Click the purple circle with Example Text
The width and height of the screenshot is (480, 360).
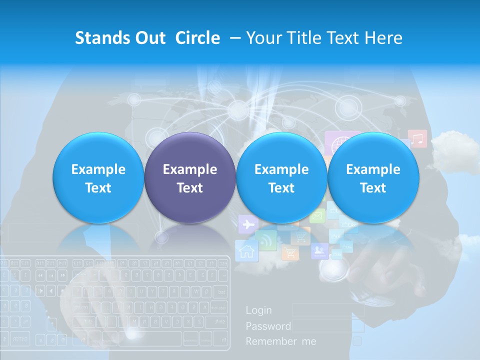189,178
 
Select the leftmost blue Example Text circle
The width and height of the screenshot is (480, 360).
98,178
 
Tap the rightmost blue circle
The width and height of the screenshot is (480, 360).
373,178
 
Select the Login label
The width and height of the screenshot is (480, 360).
259,310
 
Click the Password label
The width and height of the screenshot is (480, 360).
268,326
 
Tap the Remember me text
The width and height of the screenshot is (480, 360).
280,341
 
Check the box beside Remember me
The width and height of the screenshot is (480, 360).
357,341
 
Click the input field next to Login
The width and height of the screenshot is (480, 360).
328,310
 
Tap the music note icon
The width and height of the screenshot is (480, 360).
417,138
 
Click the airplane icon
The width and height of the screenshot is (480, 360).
247,224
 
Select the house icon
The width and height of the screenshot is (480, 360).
246,250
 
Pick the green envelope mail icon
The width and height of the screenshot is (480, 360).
317,216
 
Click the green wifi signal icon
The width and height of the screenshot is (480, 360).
265,240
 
